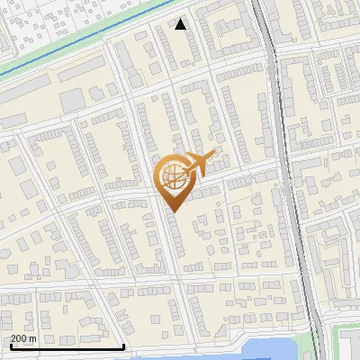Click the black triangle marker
[x=181, y=24]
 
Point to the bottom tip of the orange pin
[x=173, y=211]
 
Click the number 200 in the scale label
[x=19, y=338]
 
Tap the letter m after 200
[x=33, y=338]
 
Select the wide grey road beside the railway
[x=279, y=135]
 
